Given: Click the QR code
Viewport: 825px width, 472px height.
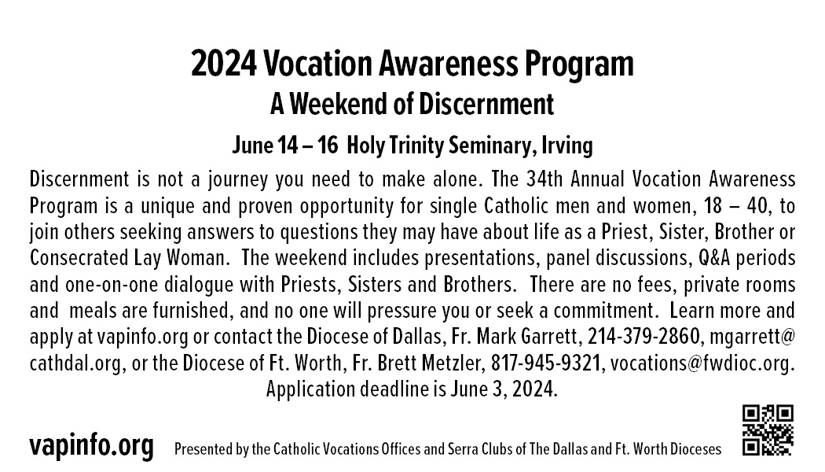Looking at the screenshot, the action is pyautogui.click(x=768, y=430).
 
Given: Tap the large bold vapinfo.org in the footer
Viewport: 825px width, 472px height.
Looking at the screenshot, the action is pyautogui.click(x=92, y=446).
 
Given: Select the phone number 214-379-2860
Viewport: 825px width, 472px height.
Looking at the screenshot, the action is pyautogui.click(x=643, y=336).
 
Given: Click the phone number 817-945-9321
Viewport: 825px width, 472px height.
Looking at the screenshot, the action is pyautogui.click(x=545, y=363).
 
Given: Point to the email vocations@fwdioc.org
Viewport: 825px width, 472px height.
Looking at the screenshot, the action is pyautogui.click(x=702, y=363).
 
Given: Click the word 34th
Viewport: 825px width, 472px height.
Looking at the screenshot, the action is pyautogui.click(x=544, y=179).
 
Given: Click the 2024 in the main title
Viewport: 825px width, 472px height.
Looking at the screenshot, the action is pyautogui.click(x=224, y=64).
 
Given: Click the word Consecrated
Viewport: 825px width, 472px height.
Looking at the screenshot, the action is pyautogui.click(x=79, y=258).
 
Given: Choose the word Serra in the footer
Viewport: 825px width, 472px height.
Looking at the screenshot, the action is pyautogui.click(x=461, y=449).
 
